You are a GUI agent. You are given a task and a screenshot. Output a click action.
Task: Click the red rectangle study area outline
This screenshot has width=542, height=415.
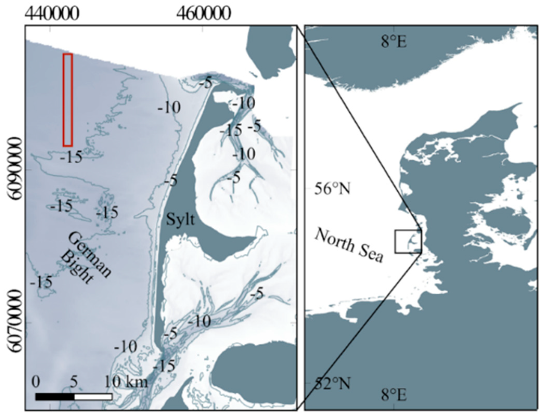pos(68,100)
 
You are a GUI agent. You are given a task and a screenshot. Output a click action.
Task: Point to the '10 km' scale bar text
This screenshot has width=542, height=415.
pos(126,383)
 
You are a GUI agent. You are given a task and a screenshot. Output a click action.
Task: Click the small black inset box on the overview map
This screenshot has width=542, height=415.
pos(408,241)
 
